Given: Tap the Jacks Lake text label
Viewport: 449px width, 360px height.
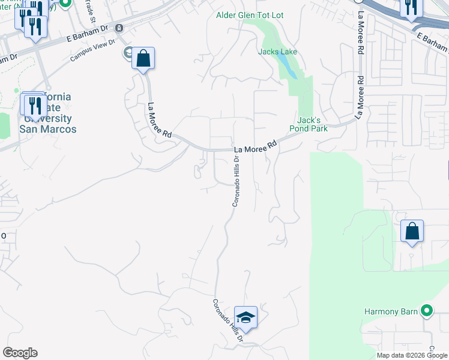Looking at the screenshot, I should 278,52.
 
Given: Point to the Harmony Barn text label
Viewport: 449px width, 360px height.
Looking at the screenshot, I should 390,311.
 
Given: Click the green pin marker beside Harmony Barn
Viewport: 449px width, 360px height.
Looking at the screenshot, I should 427,311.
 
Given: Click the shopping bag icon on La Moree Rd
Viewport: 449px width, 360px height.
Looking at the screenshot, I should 143,59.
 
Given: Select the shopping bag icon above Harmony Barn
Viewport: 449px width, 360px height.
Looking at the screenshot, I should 412,231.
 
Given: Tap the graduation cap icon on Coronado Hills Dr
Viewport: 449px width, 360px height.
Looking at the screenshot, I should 246,317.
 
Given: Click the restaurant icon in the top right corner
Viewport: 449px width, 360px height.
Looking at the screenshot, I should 411,8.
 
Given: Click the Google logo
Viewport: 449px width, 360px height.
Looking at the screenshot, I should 20,353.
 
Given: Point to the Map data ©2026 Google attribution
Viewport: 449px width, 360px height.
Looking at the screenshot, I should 412,355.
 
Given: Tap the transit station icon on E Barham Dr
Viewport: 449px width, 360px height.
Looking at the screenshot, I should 119,28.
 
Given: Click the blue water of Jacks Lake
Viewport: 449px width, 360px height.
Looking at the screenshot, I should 290,71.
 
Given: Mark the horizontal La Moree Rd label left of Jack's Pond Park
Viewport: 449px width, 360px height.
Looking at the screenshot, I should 256,146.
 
